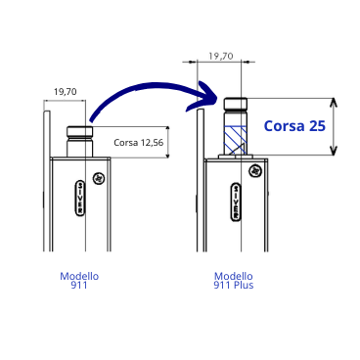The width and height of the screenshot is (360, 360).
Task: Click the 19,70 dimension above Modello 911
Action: pos(66,92)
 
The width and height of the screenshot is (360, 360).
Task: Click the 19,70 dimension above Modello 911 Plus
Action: pos(221,56)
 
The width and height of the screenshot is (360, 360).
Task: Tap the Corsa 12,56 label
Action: pos(139,143)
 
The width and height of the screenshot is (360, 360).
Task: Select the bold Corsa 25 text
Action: pos(294,126)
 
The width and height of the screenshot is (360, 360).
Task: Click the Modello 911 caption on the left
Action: pos(79,281)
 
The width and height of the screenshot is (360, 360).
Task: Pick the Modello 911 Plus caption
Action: pos(234,281)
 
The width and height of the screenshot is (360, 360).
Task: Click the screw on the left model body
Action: pos(98,178)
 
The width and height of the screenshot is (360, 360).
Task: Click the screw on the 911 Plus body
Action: pos(255,170)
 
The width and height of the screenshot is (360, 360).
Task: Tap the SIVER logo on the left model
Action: pos(80,198)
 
